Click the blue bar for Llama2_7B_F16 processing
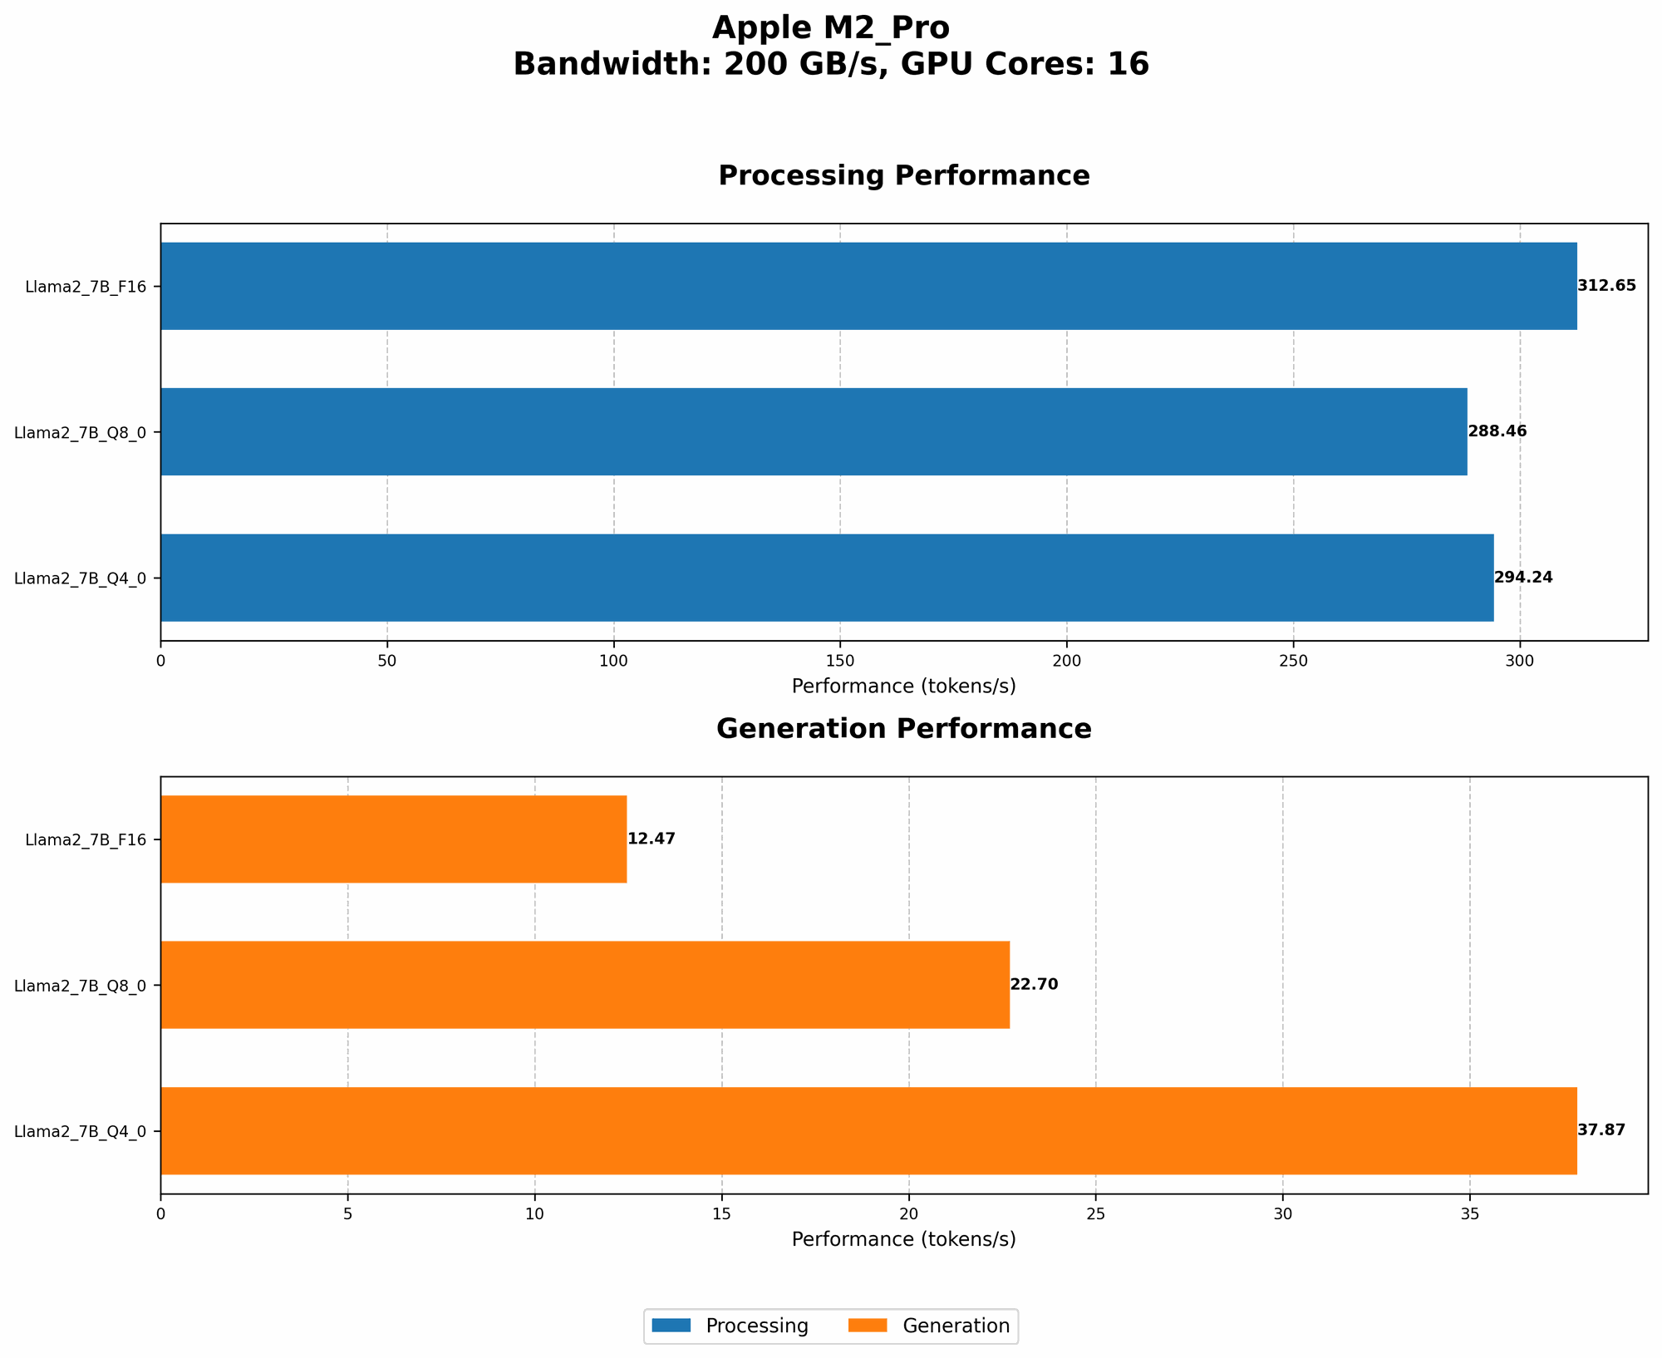(868, 286)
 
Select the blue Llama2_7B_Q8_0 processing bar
(814, 431)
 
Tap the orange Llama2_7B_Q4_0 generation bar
(868, 1130)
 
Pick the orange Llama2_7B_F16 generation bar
(393, 839)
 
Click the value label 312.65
(1606, 286)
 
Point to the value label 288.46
(1497, 431)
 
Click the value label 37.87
(1601, 1130)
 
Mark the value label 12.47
(651, 839)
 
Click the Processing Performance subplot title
(903, 176)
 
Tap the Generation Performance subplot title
(903, 729)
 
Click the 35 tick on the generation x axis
(1470, 1213)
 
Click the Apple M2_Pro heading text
(830, 28)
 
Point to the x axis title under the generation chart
(903, 1239)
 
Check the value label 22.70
(1034, 985)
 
